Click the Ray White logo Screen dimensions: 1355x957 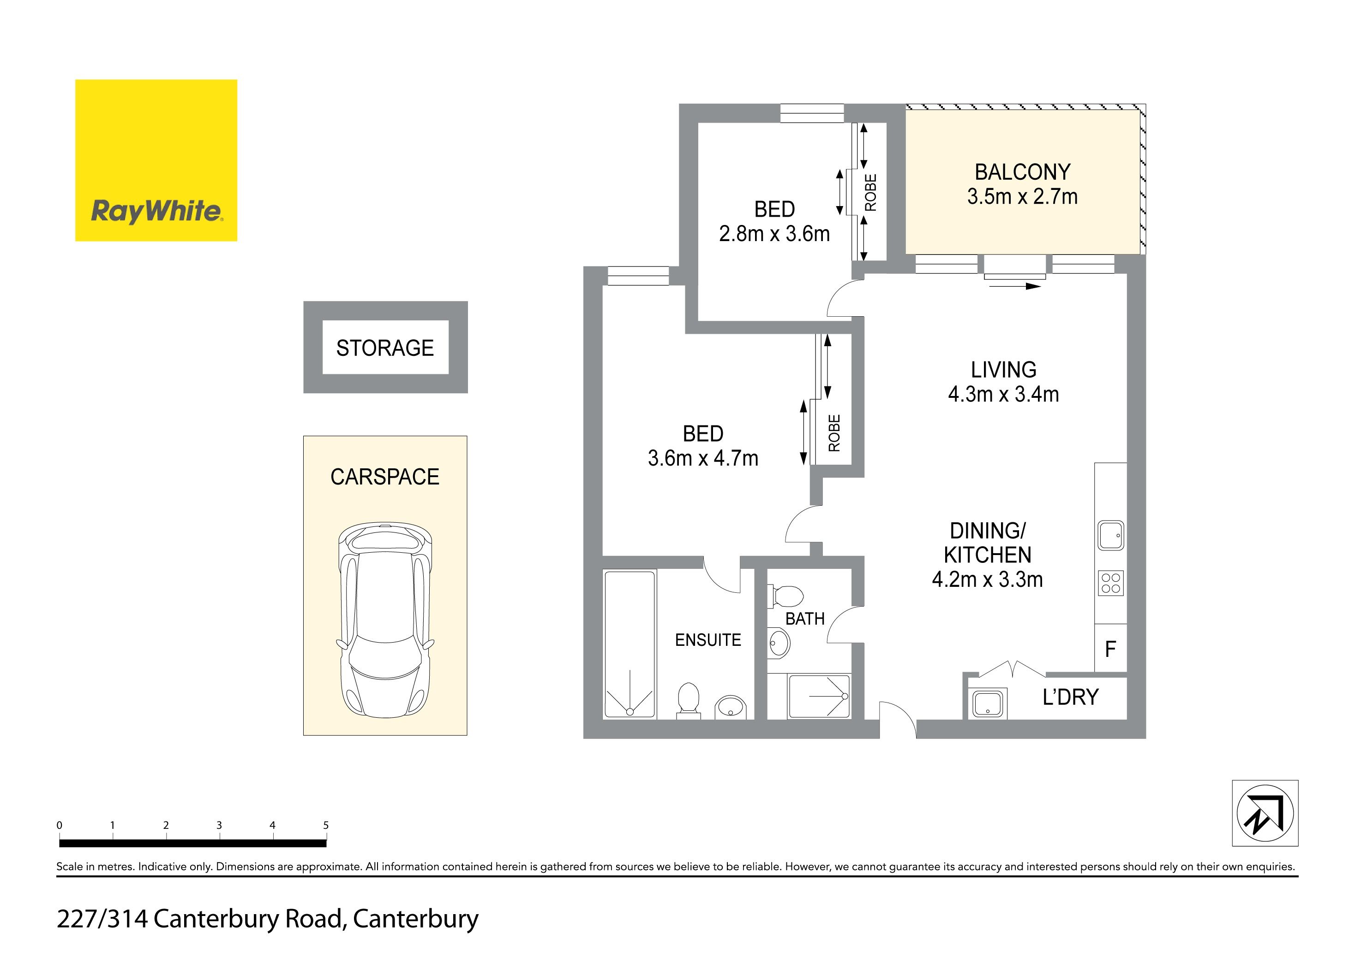(x=156, y=160)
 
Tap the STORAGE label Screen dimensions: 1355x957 (x=385, y=348)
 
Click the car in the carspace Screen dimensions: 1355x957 (x=385, y=620)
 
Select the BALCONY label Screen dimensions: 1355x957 (x=1022, y=172)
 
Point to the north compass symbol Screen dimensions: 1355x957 (x=1265, y=813)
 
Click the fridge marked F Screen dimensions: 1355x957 (x=1110, y=649)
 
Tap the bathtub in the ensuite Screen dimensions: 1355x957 (x=629, y=644)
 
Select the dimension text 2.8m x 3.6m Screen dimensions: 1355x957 (x=774, y=234)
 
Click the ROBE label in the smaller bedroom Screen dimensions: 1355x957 (x=870, y=192)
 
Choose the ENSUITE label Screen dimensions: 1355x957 (x=707, y=640)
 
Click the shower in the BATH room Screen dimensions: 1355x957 (x=819, y=697)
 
